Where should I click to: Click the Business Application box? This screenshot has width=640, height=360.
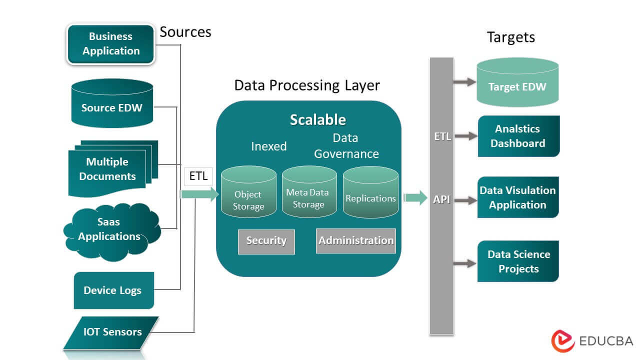pyautogui.click(x=111, y=44)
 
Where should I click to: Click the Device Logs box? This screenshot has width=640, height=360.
pyautogui.click(x=113, y=290)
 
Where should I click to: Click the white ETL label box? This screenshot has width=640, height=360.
pyautogui.click(x=198, y=176)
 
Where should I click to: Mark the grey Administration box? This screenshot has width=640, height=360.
pyautogui.click(x=356, y=241)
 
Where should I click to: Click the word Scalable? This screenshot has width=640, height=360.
pyautogui.click(x=318, y=120)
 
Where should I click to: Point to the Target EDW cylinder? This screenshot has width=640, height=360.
pyautogui.click(x=517, y=82)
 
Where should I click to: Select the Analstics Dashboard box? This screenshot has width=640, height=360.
pyautogui.click(x=518, y=136)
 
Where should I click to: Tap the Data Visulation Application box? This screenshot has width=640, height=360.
pyautogui.click(x=518, y=197)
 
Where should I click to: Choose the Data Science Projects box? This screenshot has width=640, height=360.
pyautogui.click(x=518, y=261)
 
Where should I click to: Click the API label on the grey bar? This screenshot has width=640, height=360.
pyautogui.click(x=441, y=199)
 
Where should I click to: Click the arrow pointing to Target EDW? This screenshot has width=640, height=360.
pyautogui.click(x=464, y=81)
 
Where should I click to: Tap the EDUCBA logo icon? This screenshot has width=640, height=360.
pyautogui.click(x=563, y=341)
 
